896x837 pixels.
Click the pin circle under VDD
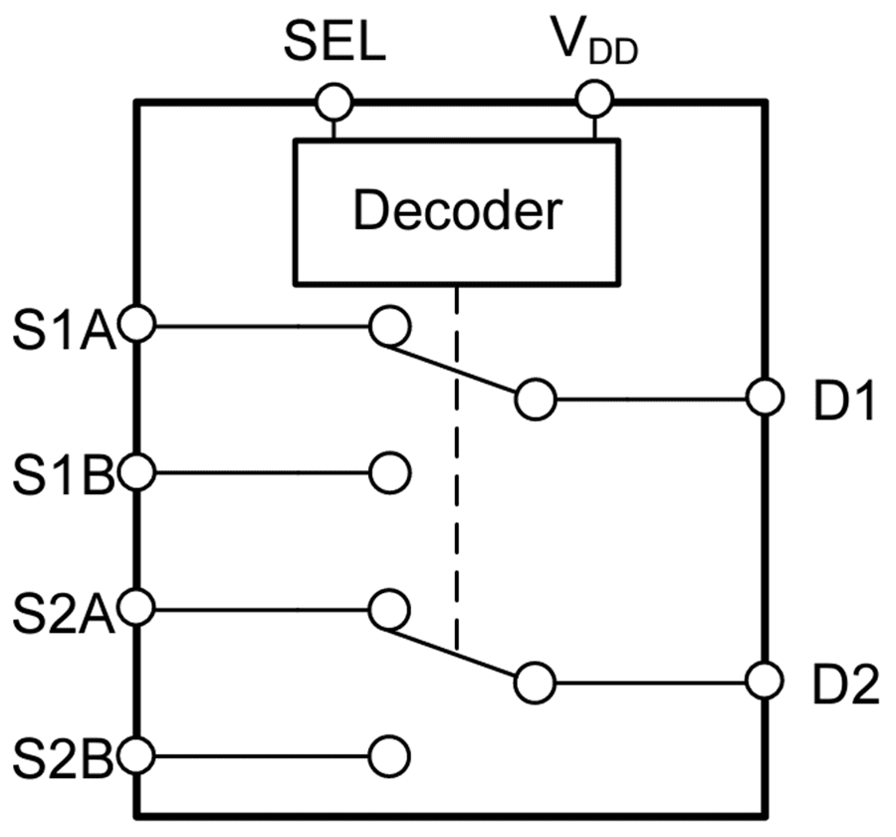coord(595,101)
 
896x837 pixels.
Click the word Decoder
coord(457,211)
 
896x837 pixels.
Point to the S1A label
coord(65,326)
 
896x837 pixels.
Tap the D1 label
coord(841,402)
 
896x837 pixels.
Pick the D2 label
coord(841,686)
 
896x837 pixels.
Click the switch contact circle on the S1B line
coord(389,473)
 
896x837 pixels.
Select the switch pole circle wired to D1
coord(536,400)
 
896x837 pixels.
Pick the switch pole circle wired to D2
coord(536,684)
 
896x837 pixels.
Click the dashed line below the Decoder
coord(457,468)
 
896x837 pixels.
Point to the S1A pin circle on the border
coord(136,325)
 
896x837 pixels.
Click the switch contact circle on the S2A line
coord(388,608)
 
